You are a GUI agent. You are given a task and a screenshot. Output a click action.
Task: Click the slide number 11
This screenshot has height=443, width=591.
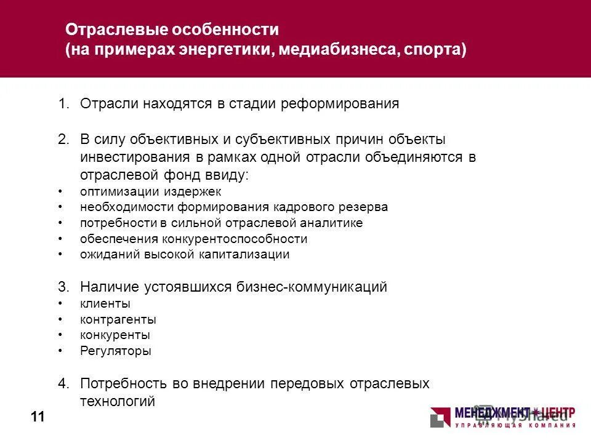pos(38,418)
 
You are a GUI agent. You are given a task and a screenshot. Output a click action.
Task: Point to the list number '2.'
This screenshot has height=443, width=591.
pos(65,139)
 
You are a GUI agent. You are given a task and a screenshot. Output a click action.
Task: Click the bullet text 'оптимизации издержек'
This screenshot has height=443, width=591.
pos(142,191)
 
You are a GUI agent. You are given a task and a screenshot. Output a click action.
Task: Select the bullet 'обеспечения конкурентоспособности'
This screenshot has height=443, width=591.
pos(193,239)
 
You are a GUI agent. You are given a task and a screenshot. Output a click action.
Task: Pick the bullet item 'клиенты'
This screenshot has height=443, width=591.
pos(105,303)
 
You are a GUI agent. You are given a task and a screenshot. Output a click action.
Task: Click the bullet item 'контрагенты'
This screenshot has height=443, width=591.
pos(118,319)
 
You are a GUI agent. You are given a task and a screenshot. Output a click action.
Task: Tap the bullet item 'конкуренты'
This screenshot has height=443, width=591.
pos(115,335)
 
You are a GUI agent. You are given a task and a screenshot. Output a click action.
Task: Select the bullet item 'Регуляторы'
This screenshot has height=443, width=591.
pos(116,351)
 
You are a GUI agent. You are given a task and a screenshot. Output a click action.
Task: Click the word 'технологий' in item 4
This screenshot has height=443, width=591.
pos(118,402)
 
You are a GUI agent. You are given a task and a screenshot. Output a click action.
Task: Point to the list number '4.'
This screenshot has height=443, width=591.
pos(65,383)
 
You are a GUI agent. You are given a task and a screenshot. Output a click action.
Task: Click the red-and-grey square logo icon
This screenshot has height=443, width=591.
pos(440,417)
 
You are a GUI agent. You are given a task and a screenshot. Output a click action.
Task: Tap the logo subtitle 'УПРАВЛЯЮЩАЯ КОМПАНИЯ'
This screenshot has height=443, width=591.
pos(515,425)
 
